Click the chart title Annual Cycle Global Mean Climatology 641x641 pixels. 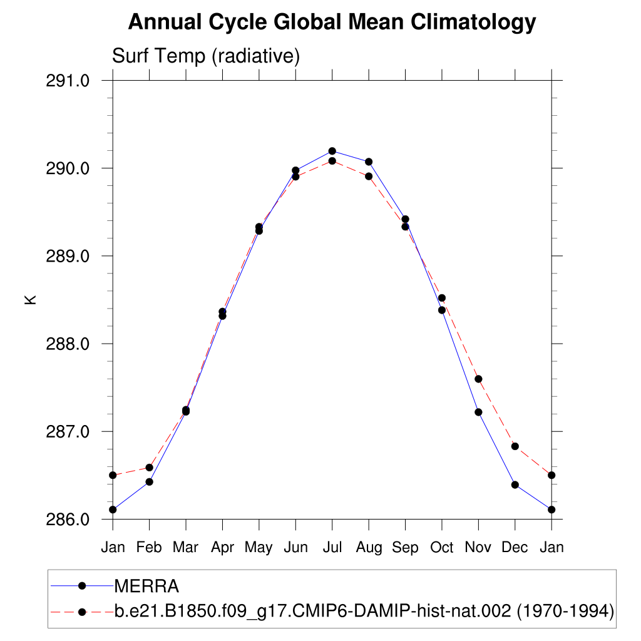pos(332,23)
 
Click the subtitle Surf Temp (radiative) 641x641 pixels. pos(206,56)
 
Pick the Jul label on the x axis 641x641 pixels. pos(332,548)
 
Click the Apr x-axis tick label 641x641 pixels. pos(222,548)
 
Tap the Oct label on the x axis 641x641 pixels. pos(441,548)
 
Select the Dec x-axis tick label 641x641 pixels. pos(515,548)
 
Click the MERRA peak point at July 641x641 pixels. pos(332,151)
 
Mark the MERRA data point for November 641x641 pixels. pos(478,412)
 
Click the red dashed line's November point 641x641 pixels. pos(478,379)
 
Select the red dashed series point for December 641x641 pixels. pos(515,446)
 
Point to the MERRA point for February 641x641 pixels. pos(149,481)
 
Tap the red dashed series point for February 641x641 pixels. pos(149,467)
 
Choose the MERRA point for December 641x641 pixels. pos(515,485)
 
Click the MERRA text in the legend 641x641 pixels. pos(146,587)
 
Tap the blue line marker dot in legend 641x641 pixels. pos(81,586)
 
